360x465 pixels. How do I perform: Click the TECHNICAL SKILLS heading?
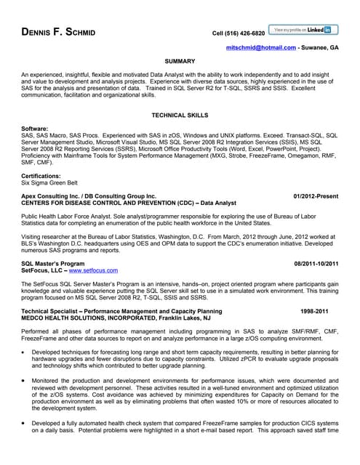(180, 116)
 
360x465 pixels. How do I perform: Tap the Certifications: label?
(41, 177)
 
